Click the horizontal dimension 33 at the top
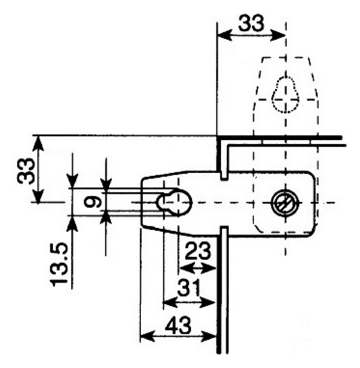[x=251, y=23]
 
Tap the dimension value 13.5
[x=59, y=264]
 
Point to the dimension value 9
[x=93, y=202]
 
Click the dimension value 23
[x=198, y=251]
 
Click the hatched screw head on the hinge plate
[x=285, y=203]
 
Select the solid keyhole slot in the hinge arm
[x=174, y=202]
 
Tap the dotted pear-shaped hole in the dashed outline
[x=285, y=95]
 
